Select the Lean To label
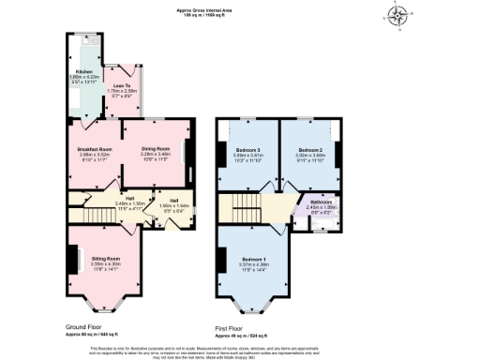[x=122, y=84]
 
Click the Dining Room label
[x=155, y=148]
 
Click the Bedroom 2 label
[x=310, y=151]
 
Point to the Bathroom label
[x=321, y=208]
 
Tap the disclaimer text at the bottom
[x=240, y=350]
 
